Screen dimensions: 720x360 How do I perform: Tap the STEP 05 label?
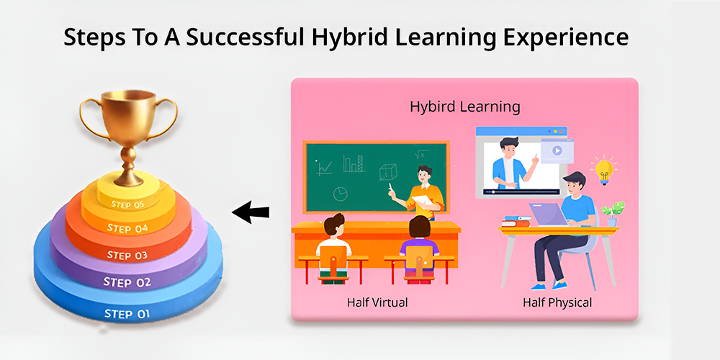(x=127, y=204)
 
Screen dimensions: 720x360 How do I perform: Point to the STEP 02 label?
(x=127, y=282)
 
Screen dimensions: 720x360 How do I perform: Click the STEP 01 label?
(x=127, y=314)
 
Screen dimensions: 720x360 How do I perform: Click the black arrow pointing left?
(x=251, y=212)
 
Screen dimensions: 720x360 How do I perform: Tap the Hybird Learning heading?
(x=464, y=107)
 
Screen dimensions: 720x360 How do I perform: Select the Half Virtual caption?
(x=377, y=302)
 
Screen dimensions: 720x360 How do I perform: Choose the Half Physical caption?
(x=557, y=302)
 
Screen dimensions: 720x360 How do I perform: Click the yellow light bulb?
(x=603, y=171)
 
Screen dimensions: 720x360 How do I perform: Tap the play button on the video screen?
(x=557, y=150)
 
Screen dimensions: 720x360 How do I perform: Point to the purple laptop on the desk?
(x=549, y=215)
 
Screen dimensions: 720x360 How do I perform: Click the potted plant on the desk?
(x=613, y=214)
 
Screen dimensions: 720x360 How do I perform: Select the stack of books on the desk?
(x=517, y=221)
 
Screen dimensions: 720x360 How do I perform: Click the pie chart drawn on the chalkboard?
(x=341, y=194)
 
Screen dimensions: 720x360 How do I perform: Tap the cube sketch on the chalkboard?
(x=388, y=172)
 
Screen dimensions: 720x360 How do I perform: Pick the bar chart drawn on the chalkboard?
(x=354, y=163)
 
